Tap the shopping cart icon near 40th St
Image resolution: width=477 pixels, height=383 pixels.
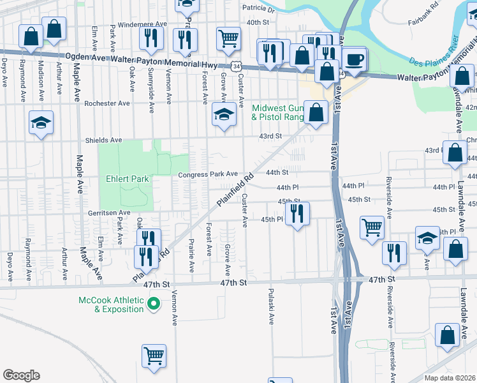[228, 40]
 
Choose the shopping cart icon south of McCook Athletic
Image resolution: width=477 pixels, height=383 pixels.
[154, 357]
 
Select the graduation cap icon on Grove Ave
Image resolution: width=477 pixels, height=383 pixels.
[224, 115]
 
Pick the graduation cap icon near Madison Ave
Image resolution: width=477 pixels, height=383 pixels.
[41, 124]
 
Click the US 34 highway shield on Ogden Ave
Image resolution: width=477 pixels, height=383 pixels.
[237, 65]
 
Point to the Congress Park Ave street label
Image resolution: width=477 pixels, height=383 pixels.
[208, 174]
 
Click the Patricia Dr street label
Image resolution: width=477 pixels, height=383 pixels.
[258, 10]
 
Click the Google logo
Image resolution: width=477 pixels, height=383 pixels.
[21, 375]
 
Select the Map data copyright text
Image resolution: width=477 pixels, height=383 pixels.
[450, 378]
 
